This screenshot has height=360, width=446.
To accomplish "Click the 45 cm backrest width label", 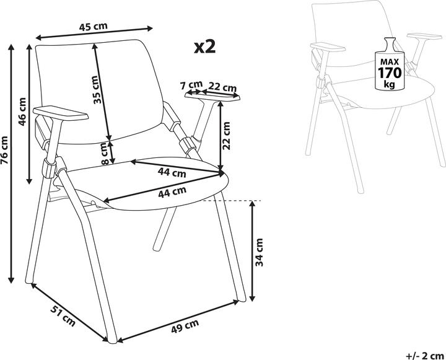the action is pyautogui.click(x=94, y=27).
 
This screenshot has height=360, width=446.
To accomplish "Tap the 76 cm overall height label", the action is pyautogui.click(x=4, y=151).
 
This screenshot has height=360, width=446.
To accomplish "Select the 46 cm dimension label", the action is pyautogui.click(x=22, y=112).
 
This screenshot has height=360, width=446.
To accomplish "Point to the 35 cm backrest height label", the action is pyautogui.click(x=96, y=90).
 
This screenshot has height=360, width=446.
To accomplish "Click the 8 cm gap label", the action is pyautogui.click(x=105, y=154).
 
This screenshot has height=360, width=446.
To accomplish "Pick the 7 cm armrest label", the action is pyautogui.click(x=191, y=85).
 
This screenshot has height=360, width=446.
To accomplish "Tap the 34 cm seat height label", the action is pyautogui.click(x=259, y=252).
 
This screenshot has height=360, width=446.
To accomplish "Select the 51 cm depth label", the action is pyautogui.click(x=63, y=315).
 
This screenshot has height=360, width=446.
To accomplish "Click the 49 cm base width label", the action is pyautogui.click(x=185, y=326).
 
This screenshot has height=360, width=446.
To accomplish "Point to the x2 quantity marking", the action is pyautogui.click(x=205, y=47).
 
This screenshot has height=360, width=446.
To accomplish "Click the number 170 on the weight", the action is pyautogui.click(x=390, y=73).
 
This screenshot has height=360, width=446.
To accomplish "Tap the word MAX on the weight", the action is pyautogui.click(x=390, y=62).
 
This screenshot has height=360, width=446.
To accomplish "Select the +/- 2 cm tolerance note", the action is pyautogui.click(x=425, y=356).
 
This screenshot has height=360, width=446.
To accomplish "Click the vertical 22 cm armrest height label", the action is pyautogui.click(x=227, y=136).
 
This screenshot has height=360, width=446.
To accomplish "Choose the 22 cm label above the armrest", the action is pyautogui.click(x=222, y=87).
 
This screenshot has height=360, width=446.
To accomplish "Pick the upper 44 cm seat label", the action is pyautogui.click(x=172, y=172).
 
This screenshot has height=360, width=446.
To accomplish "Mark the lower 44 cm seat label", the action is pyautogui.click(x=172, y=192).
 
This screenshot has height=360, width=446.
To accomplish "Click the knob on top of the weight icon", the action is pyautogui.click(x=390, y=43).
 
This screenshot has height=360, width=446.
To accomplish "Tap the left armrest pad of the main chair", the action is pyautogui.click(x=61, y=112).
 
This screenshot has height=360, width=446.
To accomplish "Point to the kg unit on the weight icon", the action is pyautogui.click(x=390, y=84).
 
